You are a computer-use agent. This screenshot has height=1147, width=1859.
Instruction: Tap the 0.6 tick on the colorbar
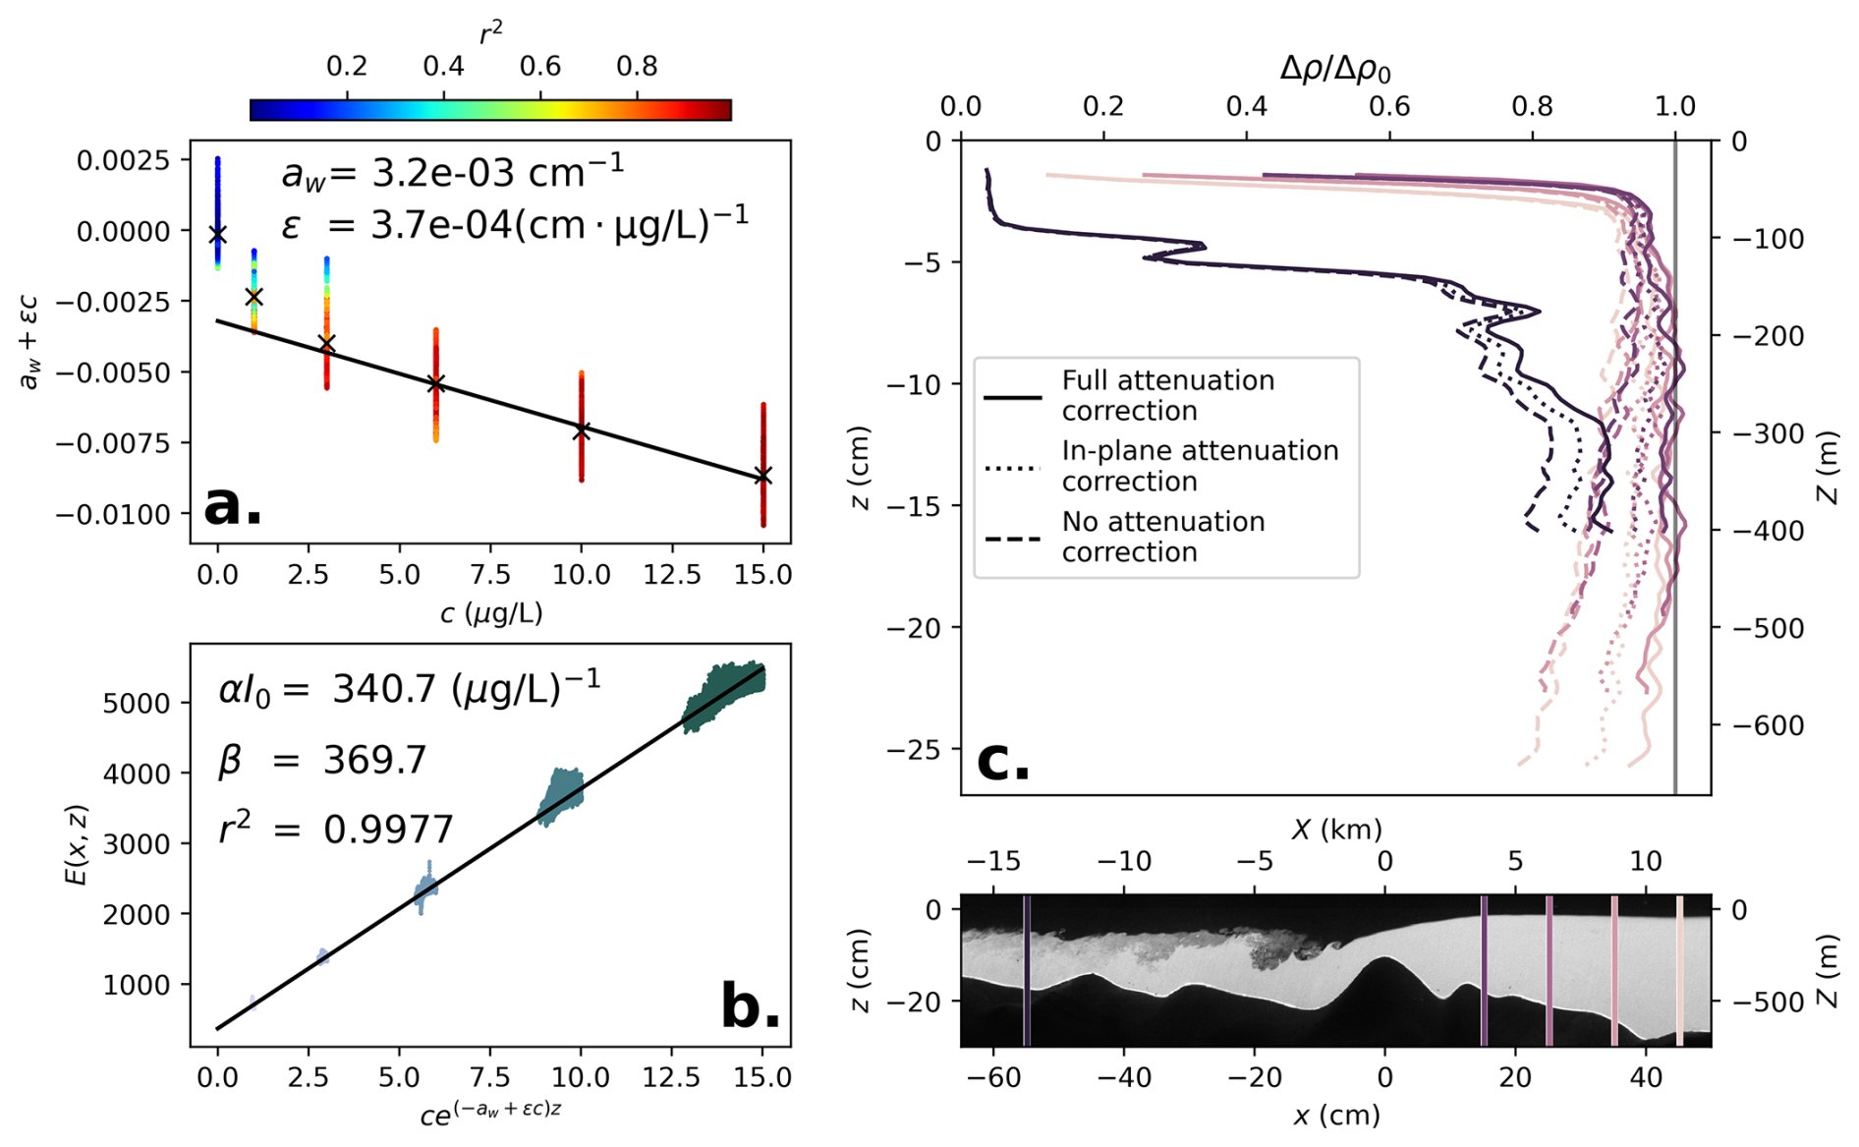tap(540, 67)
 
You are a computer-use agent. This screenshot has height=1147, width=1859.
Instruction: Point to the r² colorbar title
tap(490, 33)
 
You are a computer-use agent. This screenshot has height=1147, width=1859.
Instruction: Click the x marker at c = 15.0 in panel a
tap(762, 476)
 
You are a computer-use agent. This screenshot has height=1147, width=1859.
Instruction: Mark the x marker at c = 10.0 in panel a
tap(582, 430)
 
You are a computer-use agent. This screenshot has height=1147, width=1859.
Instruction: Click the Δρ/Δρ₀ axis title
tap(1334, 69)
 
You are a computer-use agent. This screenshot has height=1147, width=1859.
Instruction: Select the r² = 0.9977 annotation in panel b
tap(335, 830)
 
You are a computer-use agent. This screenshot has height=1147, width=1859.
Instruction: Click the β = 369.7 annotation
tap(322, 760)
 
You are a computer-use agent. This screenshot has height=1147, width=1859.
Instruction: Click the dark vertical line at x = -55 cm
tap(1026, 970)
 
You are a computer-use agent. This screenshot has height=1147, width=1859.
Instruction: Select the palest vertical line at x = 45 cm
tap(1678, 970)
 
